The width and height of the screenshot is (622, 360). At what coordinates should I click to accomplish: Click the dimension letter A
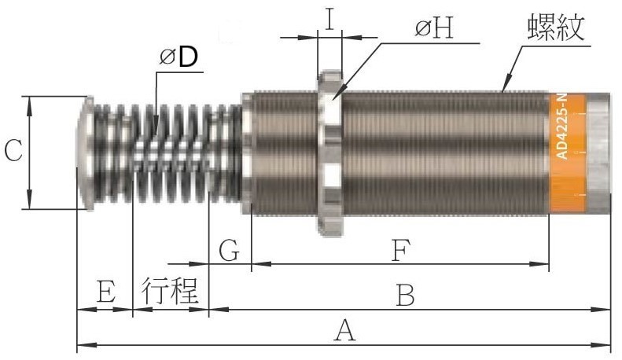coord(344,332)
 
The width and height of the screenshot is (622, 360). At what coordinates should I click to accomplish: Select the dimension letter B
coord(405,296)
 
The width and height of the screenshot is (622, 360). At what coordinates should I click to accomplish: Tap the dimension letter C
coord(13,152)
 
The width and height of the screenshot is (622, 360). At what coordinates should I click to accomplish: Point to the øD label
coord(179,57)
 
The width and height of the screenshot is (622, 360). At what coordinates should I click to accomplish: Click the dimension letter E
coord(106,292)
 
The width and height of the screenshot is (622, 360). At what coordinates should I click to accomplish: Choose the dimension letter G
coord(230,251)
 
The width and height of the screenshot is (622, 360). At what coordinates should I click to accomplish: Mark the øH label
coord(434,28)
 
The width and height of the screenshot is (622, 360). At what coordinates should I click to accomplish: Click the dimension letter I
coord(330,19)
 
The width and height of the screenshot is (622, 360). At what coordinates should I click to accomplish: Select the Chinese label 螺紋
coord(556,28)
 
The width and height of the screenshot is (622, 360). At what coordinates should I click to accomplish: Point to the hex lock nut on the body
coord(329,153)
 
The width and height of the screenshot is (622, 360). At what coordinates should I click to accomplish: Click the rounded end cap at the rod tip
coord(84,153)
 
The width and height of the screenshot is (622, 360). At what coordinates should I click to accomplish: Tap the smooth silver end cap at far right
coord(598,152)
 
